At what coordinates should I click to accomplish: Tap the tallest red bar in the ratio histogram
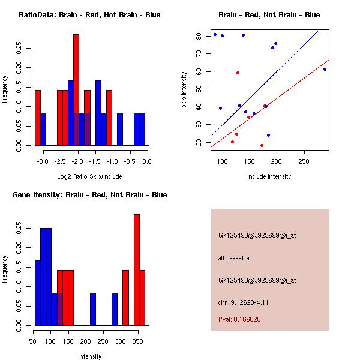tap(76, 90)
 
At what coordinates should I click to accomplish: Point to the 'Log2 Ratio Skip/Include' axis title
tap(89, 177)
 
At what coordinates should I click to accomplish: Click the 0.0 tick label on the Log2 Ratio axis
tap(147, 162)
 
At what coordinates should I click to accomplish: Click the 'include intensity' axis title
tap(269, 177)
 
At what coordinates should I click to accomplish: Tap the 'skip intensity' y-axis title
tap(184, 90)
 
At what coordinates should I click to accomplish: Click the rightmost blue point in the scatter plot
tap(325, 69)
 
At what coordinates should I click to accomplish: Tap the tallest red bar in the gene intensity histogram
tap(137, 270)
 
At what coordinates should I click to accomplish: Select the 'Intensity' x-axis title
tap(89, 356)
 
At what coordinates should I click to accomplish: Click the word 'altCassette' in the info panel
tap(233, 258)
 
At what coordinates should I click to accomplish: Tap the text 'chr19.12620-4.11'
tap(243, 302)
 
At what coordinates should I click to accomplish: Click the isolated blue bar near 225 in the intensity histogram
tap(93, 309)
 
